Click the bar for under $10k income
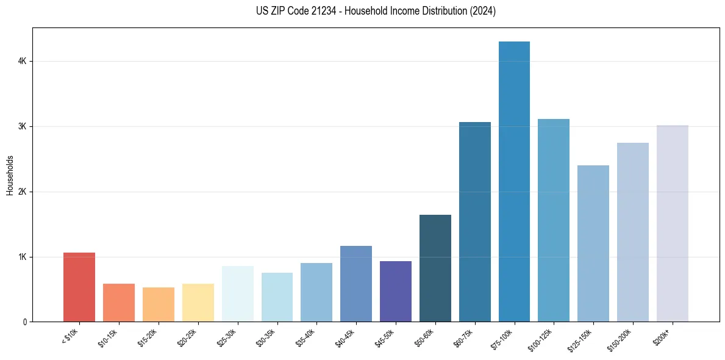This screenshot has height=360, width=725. (79, 287)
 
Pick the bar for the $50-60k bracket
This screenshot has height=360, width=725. (435, 268)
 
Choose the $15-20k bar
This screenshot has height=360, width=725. (159, 304)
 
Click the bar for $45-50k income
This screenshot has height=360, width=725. (396, 291)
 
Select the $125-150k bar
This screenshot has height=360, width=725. (593, 243)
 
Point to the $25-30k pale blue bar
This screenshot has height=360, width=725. (238, 293)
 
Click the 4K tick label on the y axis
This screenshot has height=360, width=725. (23, 62)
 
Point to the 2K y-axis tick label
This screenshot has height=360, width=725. (23, 192)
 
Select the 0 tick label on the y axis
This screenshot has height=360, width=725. (25, 322)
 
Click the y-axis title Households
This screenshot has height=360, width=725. (10, 175)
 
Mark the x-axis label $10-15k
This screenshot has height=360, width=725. (107, 336)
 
